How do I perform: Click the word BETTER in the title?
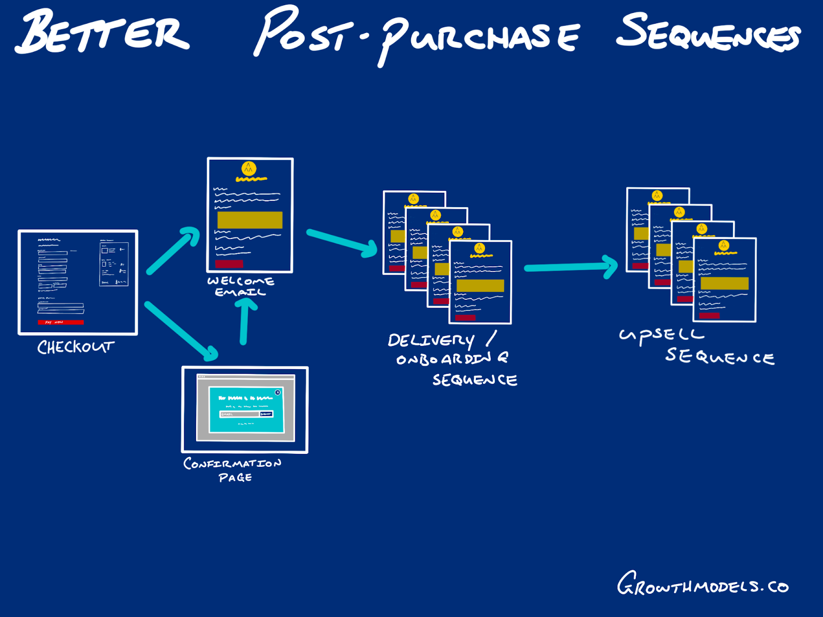(x=103, y=32)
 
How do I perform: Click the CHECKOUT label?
(x=75, y=347)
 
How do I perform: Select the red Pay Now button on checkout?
(x=61, y=322)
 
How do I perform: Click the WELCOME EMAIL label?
(x=240, y=286)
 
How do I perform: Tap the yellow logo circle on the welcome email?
(x=249, y=168)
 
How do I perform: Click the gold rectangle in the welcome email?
(x=250, y=220)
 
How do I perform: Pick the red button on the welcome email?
(x=229, y=264)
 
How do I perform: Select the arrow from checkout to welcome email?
(x=173, y=250)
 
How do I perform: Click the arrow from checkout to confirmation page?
(x=181, y=331)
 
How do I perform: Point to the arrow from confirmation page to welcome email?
(x=245, y=321)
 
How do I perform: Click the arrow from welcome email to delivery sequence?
(x=342, y=241)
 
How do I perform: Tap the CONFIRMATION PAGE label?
(x=233, y=469)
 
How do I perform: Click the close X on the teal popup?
(x=278, y=392)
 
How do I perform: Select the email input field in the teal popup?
(x=239, y=414)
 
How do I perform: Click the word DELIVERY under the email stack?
(x=431, y=340)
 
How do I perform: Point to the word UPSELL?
(x=661, y=335)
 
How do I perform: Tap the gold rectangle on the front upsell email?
(x=724, y=283)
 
